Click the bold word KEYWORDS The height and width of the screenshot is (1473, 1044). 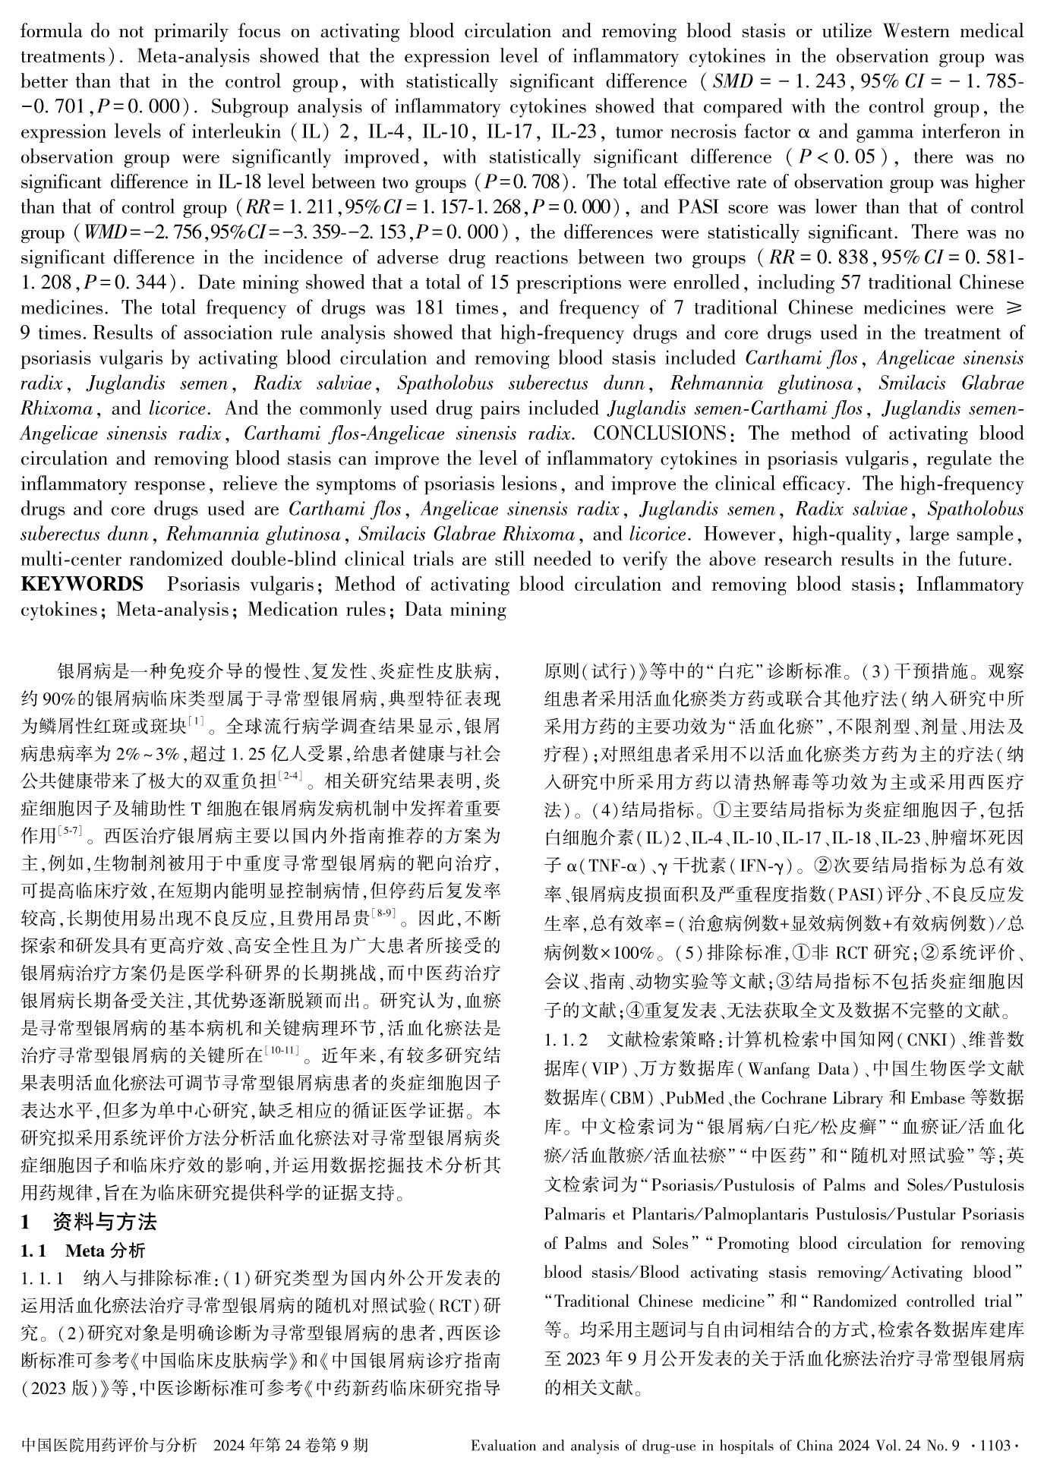[82, 584]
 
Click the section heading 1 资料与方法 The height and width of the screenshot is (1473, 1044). [90, 1222]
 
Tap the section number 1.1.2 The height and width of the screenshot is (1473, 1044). [566, 1039]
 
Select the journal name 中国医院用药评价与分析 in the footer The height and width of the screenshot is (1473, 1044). [110, 1445]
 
